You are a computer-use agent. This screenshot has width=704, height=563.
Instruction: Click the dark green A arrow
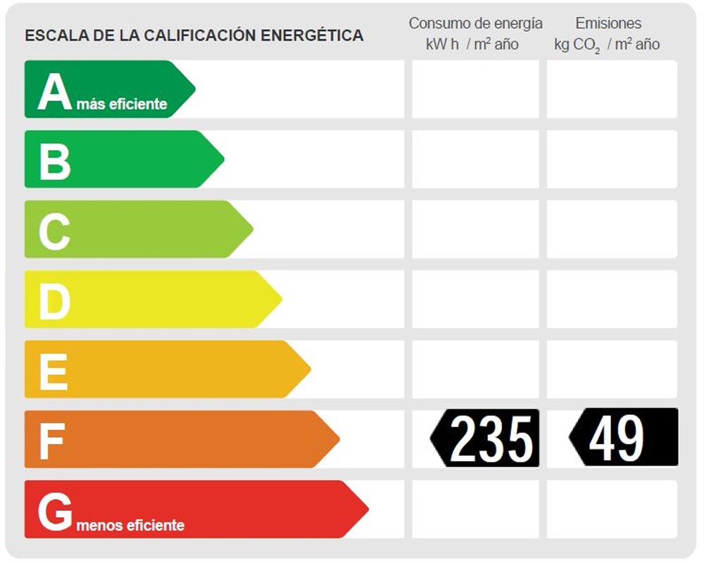(106, 89)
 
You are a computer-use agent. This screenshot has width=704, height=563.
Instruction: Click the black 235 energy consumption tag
(486, 438)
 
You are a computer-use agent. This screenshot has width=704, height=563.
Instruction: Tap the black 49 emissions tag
(624, 438)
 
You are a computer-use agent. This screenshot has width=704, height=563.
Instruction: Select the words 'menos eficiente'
(130, 526)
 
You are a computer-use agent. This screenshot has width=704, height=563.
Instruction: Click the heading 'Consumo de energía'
(475, 23)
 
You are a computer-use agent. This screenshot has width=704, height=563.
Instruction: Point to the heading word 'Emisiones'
(608, 23)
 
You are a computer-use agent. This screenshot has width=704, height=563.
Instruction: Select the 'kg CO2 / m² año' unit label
(607, 44)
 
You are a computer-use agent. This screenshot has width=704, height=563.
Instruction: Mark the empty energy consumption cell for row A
(475, 89)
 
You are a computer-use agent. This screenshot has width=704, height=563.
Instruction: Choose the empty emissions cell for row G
(612, 509)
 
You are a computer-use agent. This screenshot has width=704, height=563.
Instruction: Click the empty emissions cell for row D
(612, 299)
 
